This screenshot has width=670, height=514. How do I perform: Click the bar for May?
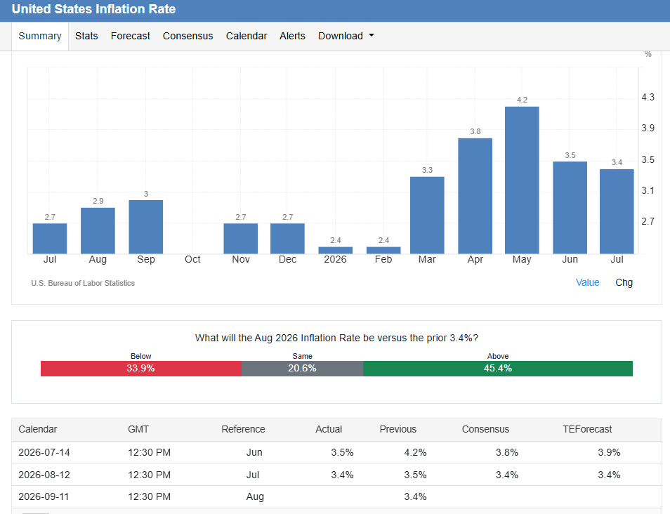coord(522,180)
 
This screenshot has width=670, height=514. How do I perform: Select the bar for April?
coord(475,196)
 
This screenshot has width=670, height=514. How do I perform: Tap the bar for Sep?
coord(145,227)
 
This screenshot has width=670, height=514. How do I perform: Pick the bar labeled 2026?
coord(336,251)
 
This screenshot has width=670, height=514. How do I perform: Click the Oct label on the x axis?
coord(192,259)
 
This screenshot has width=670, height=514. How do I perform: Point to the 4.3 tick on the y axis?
coord(648,97)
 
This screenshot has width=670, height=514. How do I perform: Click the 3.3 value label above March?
coord(427,170)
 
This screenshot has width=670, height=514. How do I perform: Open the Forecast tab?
coord(131,36)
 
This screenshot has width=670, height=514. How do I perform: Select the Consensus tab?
coord(188,36)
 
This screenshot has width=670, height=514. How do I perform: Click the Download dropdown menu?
coord(346,36)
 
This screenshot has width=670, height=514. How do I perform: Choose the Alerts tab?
coord(292,36)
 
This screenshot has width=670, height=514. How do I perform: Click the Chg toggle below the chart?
coord(624,282)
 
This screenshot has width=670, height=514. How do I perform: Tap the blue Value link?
coord(588,282)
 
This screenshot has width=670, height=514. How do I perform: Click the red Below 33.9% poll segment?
coord(141,369)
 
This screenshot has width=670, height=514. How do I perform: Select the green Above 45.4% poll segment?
coord(498,369)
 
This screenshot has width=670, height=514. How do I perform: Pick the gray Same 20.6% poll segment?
coord(302,369)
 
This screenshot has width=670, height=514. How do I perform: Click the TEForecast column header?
coord(587,429)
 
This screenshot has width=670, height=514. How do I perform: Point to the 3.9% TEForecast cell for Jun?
coord(609,452)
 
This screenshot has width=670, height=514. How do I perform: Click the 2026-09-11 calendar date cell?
coord(44,496)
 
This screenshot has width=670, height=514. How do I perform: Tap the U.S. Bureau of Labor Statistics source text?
coord(83,283)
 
